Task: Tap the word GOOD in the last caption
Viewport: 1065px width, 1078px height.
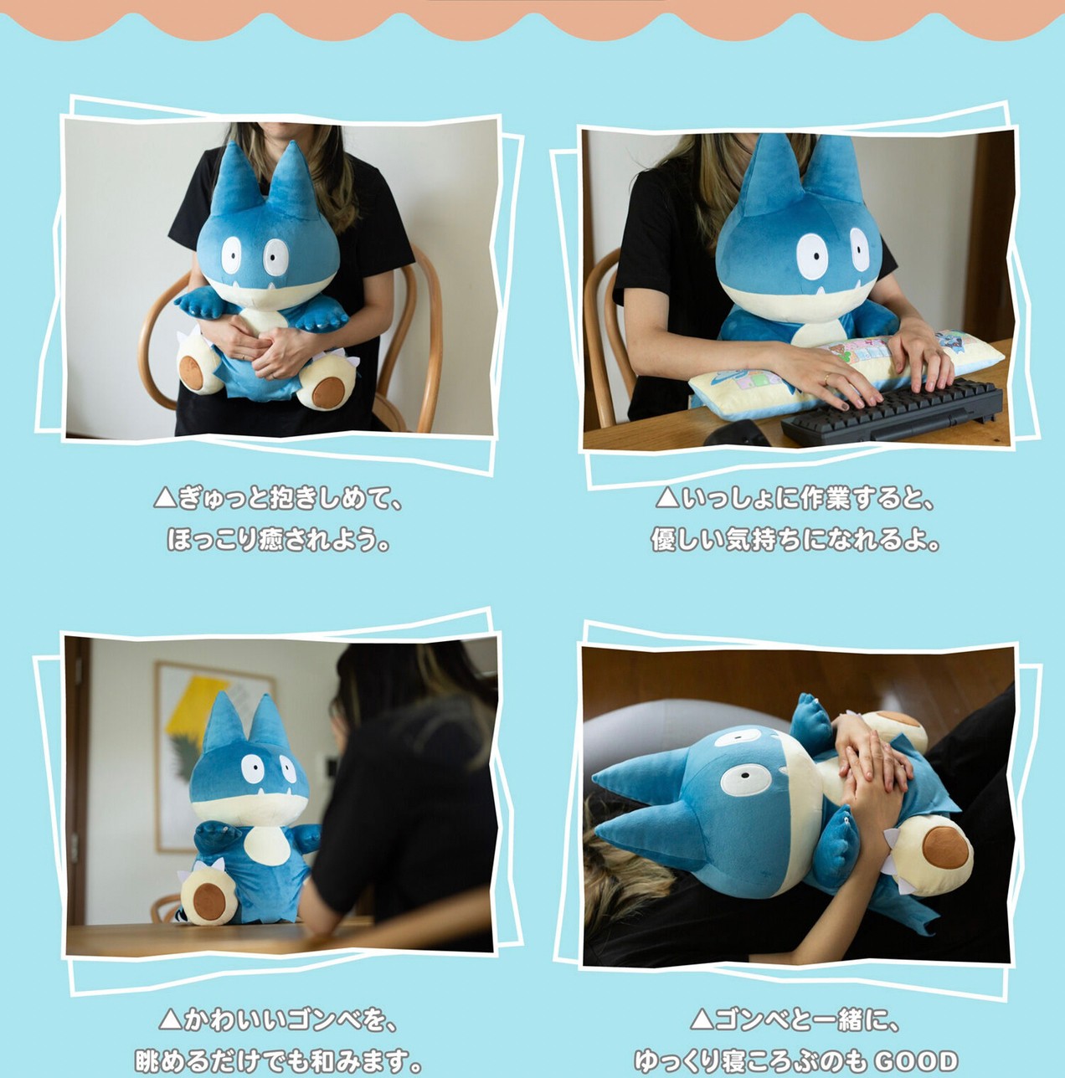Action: pyautogui.click(x=916, y=1061)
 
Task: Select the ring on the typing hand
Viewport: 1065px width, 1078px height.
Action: pyautogui.click(x=826, y=378)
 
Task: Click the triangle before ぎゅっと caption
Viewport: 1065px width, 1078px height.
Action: pyautogui.click(x=164, y=499)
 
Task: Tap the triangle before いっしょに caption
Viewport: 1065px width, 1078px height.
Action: pyautogui.click(x=666, y=499)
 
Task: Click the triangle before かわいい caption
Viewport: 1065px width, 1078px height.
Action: pyautogui.click(x=170, y=1019)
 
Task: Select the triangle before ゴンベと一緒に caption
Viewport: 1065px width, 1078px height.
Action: pyautogui.click(x=702, y=1019)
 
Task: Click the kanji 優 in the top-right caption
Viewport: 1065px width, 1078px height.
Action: pyautogui.click(x=664, y=540)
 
